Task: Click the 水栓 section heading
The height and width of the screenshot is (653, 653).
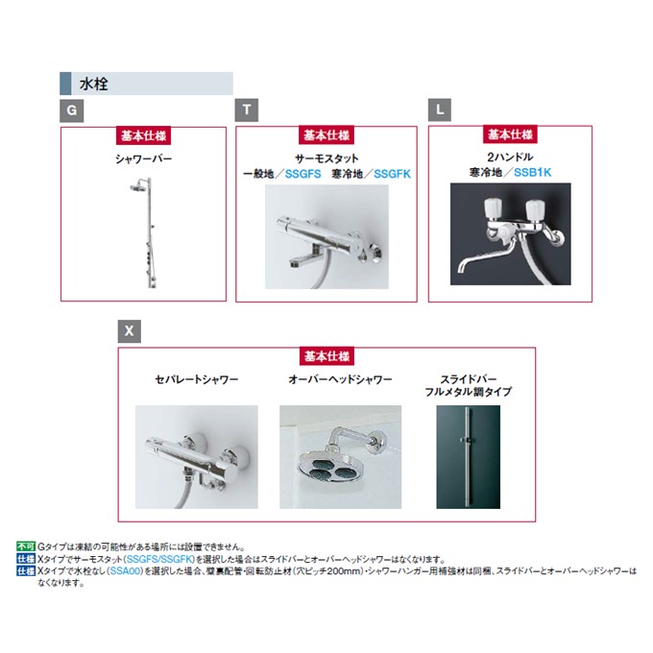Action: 94,85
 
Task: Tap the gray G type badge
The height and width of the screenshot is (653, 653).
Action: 72,110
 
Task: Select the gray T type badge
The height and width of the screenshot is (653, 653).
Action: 247,109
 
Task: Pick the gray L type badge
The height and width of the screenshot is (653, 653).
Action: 440,109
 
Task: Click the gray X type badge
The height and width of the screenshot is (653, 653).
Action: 129,331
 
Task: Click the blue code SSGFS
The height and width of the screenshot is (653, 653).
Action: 302,174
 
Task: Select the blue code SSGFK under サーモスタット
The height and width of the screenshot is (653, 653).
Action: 392,174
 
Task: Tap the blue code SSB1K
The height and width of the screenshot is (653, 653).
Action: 532,172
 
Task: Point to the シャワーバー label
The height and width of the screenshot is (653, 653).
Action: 144,158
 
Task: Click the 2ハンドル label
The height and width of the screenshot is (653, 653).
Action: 510,157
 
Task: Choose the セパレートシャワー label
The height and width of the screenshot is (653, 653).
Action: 196,379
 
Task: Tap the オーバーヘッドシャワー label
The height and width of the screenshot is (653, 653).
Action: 340,379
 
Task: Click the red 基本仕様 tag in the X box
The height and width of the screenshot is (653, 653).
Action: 326,356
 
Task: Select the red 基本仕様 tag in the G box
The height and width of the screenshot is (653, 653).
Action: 143,135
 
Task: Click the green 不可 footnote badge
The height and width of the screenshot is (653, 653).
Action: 26,546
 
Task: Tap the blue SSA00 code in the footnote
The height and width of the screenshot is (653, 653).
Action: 125,571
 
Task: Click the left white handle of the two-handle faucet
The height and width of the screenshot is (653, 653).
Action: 493,208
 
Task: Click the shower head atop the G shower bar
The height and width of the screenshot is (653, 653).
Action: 138,187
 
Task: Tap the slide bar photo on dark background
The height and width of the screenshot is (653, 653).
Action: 468,457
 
